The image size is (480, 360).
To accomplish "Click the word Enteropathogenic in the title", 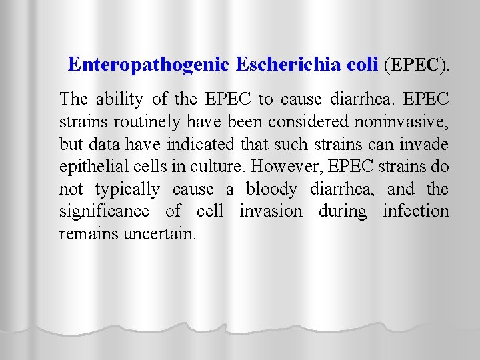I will [149, 64].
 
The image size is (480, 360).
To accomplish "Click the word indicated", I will [220, 144].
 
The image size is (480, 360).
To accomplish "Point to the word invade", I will [425, 144].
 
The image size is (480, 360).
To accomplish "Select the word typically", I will [127, 189].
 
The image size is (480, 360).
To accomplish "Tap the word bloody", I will [271, 189].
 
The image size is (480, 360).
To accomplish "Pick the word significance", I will [104, 212].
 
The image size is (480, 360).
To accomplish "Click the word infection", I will [415, 211].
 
